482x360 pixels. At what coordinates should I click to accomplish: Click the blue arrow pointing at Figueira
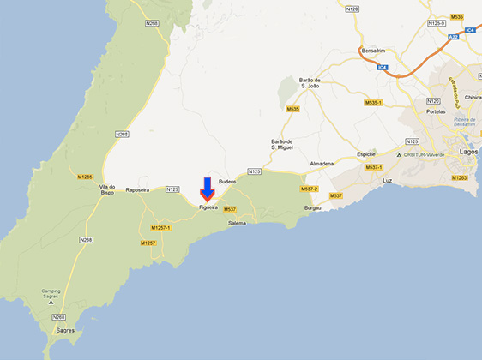tap(207, 189)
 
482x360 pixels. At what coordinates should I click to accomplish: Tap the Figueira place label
tap(208, 207)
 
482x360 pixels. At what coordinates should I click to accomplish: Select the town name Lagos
tap(468, 151)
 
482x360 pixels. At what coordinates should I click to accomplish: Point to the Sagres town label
tap(65, 330)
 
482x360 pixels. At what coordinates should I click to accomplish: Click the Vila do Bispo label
tap(107, 189)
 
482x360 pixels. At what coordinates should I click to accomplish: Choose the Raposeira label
tap(137, 189)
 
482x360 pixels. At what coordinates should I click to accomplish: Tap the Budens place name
tap(227, 182)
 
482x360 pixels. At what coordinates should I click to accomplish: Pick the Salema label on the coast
tap(237, 223)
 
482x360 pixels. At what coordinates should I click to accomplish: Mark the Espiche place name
tap(367, 154)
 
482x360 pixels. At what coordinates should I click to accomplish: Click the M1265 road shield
tap(84, 177)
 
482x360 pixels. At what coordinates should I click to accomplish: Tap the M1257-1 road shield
tap(160, 228)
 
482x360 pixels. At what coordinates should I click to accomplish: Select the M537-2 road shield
tap(309, 189)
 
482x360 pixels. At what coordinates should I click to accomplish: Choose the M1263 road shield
tap(460, 178)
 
